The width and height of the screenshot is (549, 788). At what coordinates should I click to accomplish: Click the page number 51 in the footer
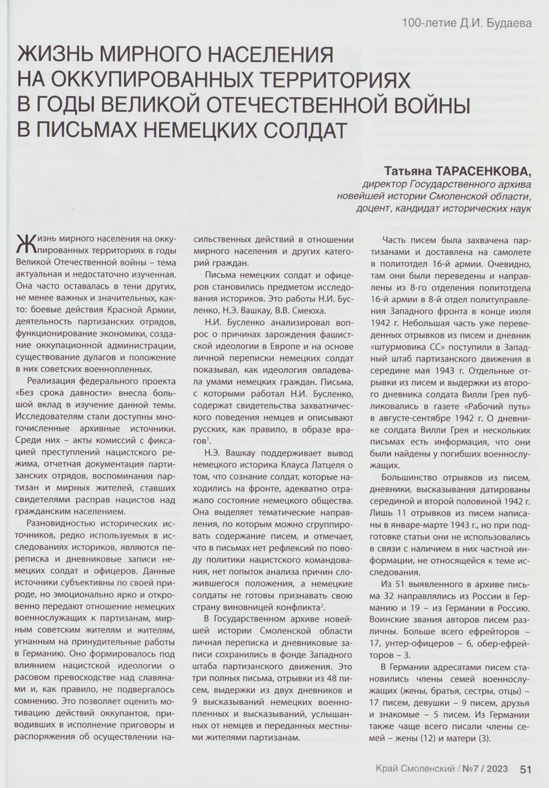526,769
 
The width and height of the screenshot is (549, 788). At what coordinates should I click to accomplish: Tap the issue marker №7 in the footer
471,769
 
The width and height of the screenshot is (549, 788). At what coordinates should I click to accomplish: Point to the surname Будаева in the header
507,24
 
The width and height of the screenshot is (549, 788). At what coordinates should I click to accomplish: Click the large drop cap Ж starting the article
26,244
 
